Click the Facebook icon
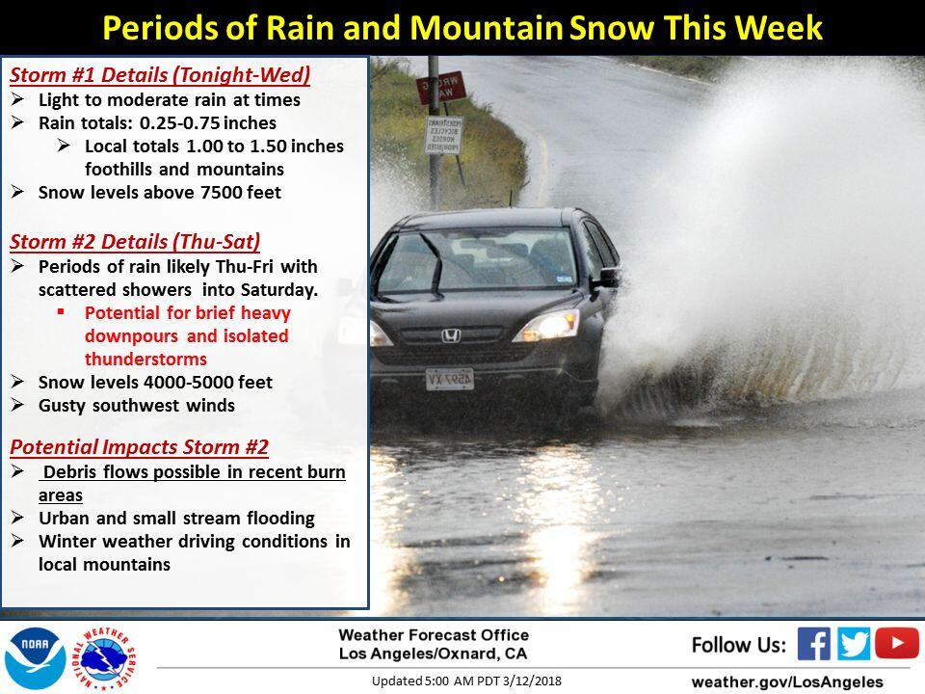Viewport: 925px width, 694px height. click(x=813, y=643)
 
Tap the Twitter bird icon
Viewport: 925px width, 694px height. click(x=853, y=643)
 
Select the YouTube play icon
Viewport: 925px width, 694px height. click(x=897, y=643)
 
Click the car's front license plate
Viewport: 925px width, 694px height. click(x=450, y=380)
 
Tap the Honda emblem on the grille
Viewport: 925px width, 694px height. click(x=451, y=336)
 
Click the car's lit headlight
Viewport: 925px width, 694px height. click(x=547, y=326)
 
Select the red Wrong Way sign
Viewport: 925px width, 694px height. click(x=441, y=88)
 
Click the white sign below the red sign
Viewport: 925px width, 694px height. click(x=443, y=135)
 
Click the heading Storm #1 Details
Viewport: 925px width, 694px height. click(x=160, y=75)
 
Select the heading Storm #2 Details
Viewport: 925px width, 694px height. click(x=135, y=241)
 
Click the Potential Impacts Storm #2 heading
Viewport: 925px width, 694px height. click(x=139, y=446)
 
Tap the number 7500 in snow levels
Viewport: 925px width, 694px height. click(x=220, y=193)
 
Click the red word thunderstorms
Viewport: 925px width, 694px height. click(x=145, y=359)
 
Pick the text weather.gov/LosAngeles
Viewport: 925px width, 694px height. click(x=787, y=682)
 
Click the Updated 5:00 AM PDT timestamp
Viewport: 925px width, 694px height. click(x=466, y=681)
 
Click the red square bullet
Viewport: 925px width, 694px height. click(x=61, y=311)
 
